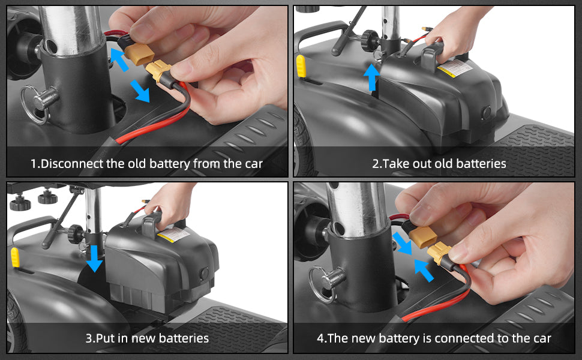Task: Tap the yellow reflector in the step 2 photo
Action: click(301, 67)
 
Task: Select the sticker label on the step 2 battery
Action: click(455, 68)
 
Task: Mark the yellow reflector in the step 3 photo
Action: click(15, 257)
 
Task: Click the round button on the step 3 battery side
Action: click(204, 273)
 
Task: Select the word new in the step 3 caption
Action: click(140, 338)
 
